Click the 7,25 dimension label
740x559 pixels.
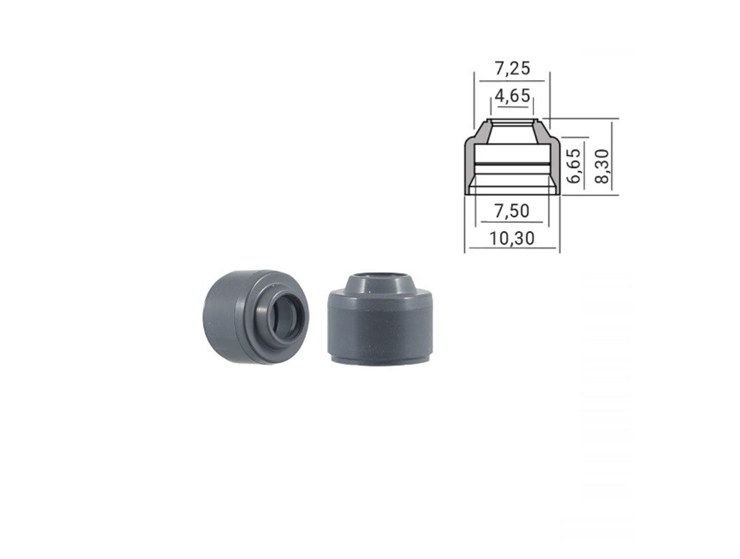[x=512, y=68]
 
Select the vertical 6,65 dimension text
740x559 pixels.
[x=574, y=166]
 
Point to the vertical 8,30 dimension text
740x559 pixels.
[x=602, y=166]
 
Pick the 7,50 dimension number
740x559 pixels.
[x=512, y=211]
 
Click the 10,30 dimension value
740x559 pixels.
[x=512, y=239]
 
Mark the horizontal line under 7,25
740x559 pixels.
[x=512, y=81]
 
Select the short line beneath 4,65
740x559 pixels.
[x=512, y=107]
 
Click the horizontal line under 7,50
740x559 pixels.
[x=512, y=222]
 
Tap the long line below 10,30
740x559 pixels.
[x=512, y=248]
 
